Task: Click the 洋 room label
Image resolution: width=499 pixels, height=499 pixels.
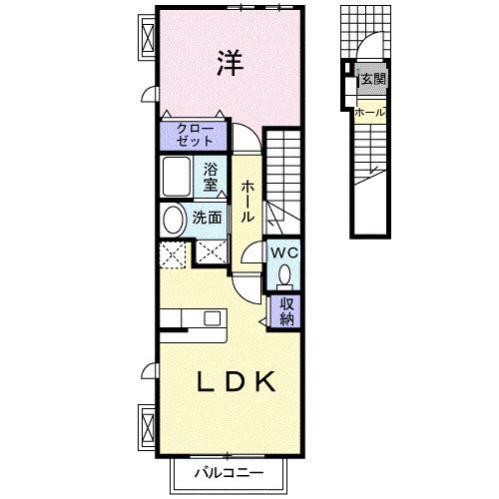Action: pyautogui.click(x=229, y=62)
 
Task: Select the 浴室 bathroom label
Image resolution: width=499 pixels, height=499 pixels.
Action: pyautogui.click(x=211, y=177)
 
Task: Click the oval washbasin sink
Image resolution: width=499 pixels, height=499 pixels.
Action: pyautogui.click(x=173, y=220)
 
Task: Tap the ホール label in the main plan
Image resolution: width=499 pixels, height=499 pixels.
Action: pyautogui.click(x=247, y=199)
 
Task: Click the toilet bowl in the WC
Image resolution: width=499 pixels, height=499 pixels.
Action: pyautogui.click(x=286, y=272)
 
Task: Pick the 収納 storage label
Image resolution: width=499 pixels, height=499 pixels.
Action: pyautogui.click(x=286, y=311)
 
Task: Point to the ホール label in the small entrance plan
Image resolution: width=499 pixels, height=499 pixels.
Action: pyautogui.click(x=370, y=112)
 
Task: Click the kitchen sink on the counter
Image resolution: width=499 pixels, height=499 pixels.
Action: pyautogui.click(x=212, y=318)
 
